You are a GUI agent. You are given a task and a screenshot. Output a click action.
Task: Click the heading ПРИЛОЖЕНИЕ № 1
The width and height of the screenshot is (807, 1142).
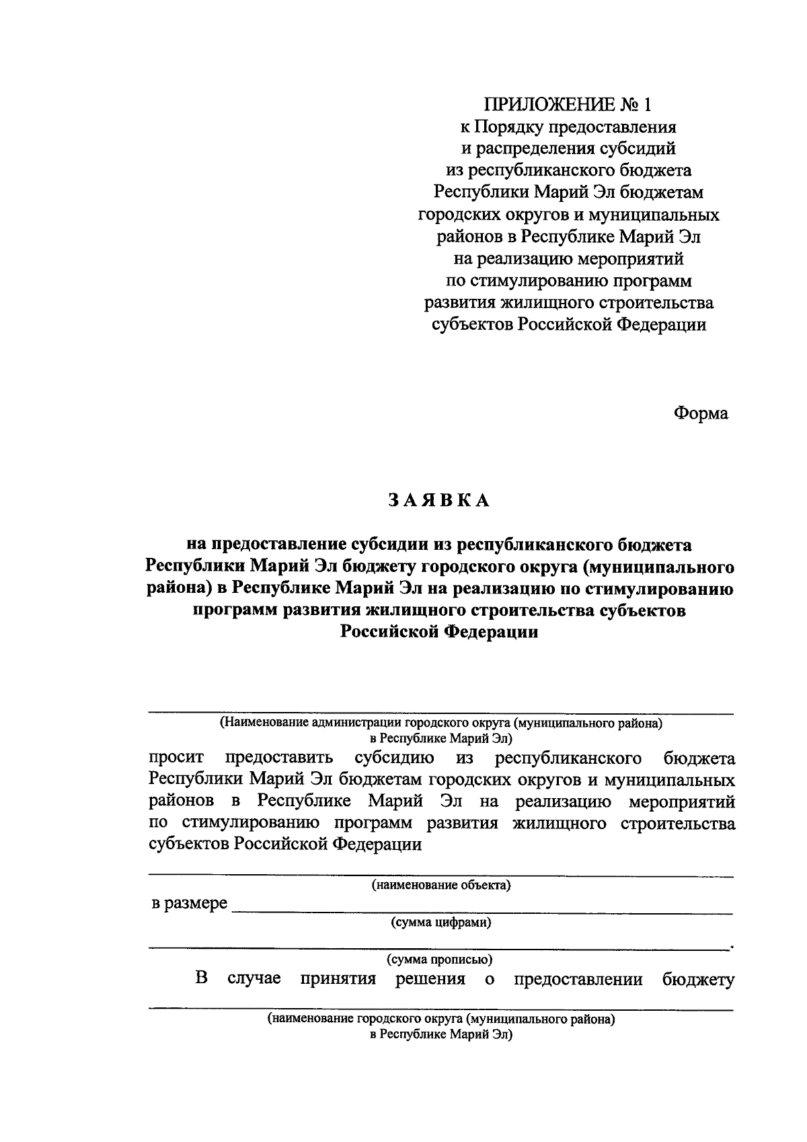point(568,105)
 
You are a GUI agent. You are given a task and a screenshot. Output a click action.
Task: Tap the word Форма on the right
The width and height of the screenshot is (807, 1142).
point(701,413)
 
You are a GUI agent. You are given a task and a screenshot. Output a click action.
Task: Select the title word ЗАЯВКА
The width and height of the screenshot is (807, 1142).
point(438,500)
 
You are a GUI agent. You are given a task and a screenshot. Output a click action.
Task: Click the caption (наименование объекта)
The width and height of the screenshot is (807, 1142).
point(441,885)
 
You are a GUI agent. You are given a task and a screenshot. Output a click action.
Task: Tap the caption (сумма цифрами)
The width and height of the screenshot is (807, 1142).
point(441,922)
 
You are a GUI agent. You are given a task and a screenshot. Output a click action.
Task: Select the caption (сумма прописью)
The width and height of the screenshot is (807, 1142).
point(441,959)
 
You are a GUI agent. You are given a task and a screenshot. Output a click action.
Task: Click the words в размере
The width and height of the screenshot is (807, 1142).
point(189,903)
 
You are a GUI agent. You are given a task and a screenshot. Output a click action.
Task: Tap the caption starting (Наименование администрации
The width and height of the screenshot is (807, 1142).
point(441,724)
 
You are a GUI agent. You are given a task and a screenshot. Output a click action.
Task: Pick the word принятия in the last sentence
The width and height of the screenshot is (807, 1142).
point(338,979)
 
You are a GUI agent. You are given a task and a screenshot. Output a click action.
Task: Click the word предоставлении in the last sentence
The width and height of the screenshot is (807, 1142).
point(578,979)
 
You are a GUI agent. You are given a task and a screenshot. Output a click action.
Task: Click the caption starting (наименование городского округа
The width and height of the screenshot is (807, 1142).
point(441,1019)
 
